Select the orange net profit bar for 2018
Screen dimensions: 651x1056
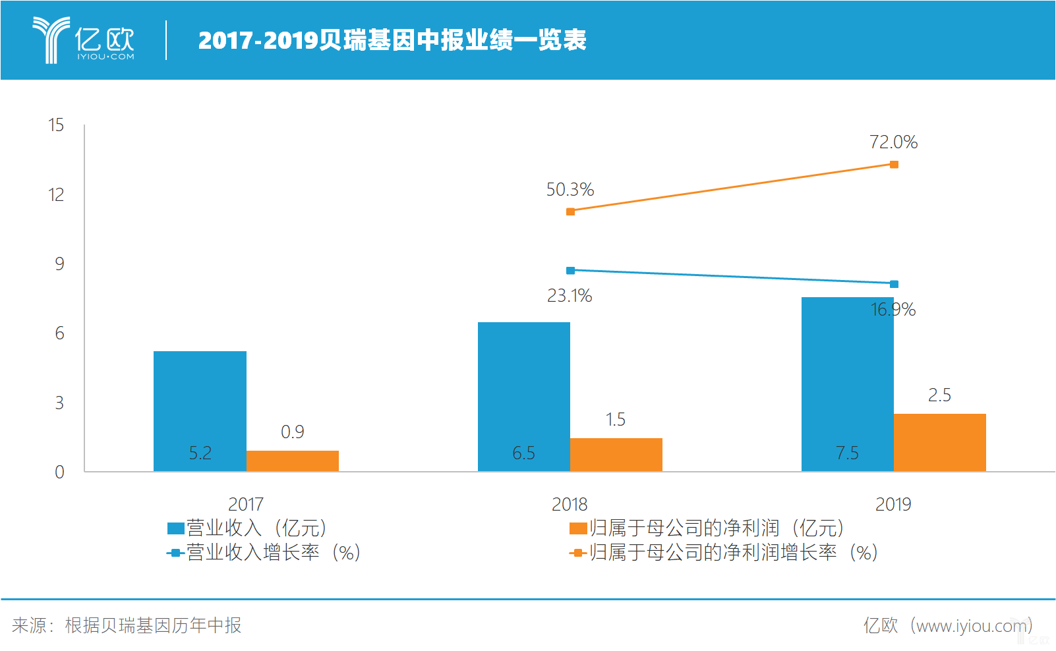click(x=616, y=455)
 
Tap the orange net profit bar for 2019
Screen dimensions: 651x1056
click(x=939, y=442)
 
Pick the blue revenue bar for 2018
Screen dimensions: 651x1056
click(x=523, y=396)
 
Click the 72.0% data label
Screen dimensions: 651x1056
click(x=893, y=142)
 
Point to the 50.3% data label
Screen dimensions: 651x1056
click(x=570, y=190)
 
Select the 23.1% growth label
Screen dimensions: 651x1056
click(x=570, y=296)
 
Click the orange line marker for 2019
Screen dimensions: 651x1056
click(x=894, y=164)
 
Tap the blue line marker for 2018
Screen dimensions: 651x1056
click(x=570, y=270)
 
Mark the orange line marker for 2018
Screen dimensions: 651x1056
click(x=570, y=212)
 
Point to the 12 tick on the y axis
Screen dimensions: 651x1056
click(x=56, y=195)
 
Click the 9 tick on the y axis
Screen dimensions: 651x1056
click(x=59, y=264)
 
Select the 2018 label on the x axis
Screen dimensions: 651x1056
click(x=570, y=505)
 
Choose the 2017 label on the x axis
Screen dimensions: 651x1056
click(x=246, y=505)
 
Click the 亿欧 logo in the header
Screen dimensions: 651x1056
click(x=84, y=40)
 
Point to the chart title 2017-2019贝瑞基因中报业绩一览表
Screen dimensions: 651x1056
click(x=392, y=40)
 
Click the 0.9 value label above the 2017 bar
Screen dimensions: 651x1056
click(x=293, y=432)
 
